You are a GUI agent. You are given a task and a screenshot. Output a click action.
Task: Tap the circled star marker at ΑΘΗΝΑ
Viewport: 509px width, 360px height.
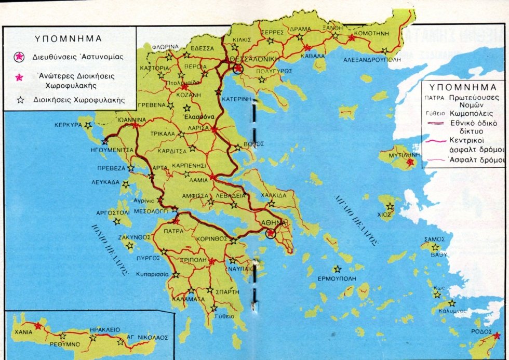[270, 233]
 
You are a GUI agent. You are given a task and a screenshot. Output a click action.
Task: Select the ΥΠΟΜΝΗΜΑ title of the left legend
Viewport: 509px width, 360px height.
[68, 38]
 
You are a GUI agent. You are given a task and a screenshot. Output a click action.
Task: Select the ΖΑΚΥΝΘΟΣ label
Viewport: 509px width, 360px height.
[134, 237]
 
